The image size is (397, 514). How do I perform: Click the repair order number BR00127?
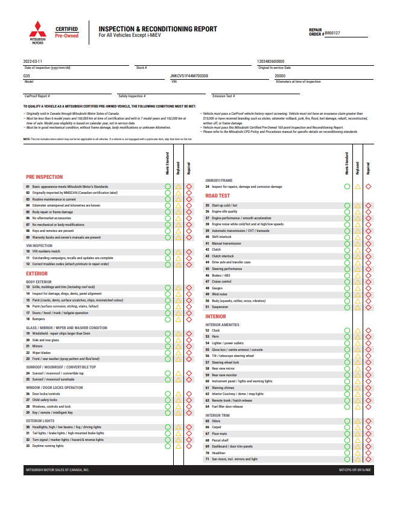click(x=332, y=33)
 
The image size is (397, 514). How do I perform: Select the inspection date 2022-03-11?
click(x=33, y=62)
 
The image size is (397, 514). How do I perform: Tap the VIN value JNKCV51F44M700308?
click(x=189, y=75)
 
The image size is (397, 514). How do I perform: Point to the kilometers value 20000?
click(x=280, y=75)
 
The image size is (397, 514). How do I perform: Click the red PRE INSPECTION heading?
click(x=44, y=177)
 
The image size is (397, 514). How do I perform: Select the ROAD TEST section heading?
click(x=217, y=196)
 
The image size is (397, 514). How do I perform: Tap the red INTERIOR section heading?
click(x=215, y=316)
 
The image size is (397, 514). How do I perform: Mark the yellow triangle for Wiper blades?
click(x=179, y=352)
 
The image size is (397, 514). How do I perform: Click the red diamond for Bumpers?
click(x=189, y=319)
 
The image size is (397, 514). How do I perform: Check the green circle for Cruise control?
click(x=347, y=281)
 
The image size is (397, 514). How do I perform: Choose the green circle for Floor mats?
click(x=347, y=434)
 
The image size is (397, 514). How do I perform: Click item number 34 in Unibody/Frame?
click(x=208, y=187)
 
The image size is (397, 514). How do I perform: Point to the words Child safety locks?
click(x=45, y=400)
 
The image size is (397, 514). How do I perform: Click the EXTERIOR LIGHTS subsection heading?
click(x=40, y=420)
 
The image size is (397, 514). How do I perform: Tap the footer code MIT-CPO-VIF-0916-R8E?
click(x=355, y=469)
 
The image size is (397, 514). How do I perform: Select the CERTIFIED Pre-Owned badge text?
click(x=66, y=32)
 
